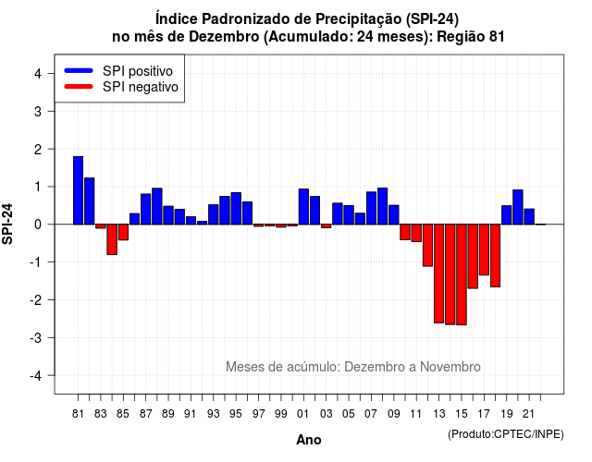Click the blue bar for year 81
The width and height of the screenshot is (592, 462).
(78, 190)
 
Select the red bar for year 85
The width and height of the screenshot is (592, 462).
(123, 232)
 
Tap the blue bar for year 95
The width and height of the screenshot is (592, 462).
(236, 209)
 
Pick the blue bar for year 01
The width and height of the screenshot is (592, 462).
(303, 207)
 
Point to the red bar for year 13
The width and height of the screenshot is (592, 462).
(439, 274)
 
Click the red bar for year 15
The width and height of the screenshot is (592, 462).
(462, 274)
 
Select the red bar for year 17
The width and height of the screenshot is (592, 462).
(484, 249)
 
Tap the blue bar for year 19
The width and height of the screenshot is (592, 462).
(507, 215)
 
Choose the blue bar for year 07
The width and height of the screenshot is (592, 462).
(372, 208)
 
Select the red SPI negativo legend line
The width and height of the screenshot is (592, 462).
(79, 87)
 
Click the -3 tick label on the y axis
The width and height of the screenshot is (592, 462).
(36, 337)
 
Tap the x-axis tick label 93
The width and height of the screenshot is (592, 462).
(214, 414)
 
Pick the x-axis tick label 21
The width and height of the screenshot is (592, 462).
(529, 414)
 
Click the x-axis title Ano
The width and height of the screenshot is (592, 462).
(309, 440)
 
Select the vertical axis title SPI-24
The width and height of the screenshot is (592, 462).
(7, 224)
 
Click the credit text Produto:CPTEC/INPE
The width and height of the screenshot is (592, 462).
(506, 434)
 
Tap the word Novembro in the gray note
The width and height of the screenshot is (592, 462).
(450, 367)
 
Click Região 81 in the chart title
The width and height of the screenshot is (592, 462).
(471, 37)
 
